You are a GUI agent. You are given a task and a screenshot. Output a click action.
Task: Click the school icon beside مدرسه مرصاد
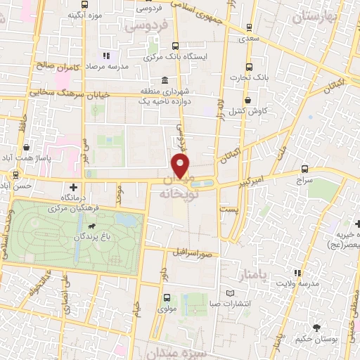click(105, 56)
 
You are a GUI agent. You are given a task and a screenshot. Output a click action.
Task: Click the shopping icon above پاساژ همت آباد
click(26, 147)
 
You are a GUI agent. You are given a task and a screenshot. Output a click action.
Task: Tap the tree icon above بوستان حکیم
click(317, 328)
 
